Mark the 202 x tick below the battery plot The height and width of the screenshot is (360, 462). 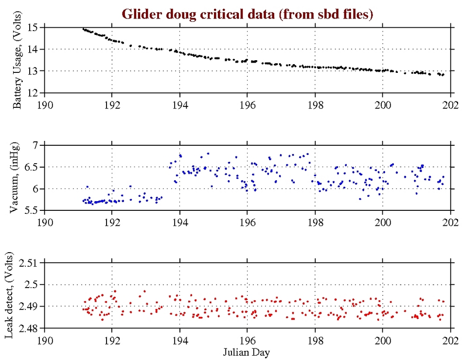(x=450, y=103)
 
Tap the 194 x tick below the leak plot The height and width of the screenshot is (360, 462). (x=180, y=339)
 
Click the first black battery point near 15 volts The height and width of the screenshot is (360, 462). (x=83, y=29)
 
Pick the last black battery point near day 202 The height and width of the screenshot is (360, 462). (x=443, y=74)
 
